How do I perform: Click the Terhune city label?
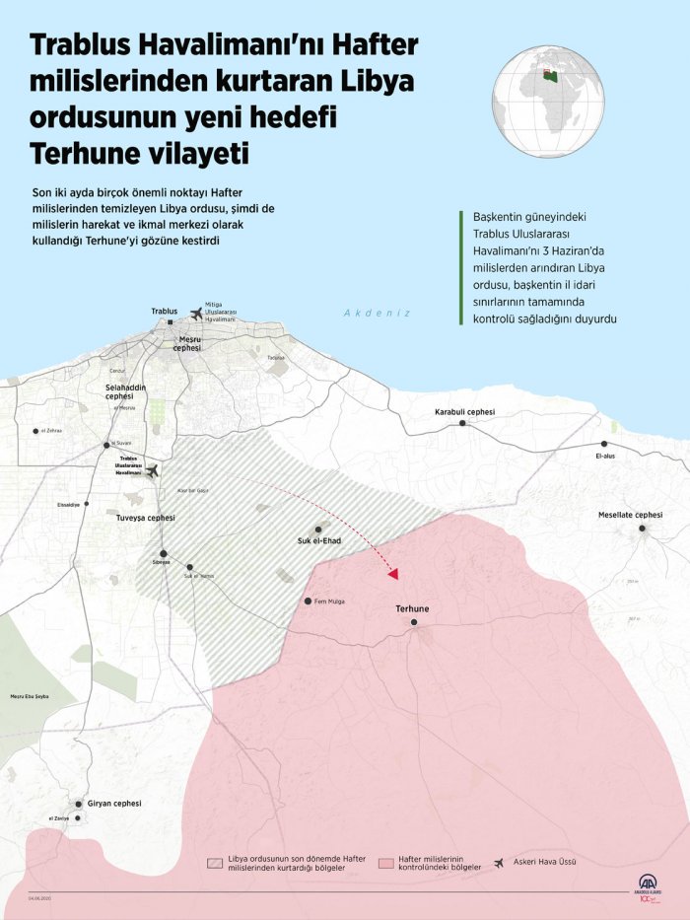[x=413, y=609]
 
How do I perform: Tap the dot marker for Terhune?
[x=414, y=622]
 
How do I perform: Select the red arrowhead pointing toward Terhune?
[x=393, y=573]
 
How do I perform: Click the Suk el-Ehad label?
[x=318, y=541]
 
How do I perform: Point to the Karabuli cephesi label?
[x=464, y=411]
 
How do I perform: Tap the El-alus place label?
[x=604, y=457]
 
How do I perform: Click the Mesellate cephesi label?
[x=630, y=515]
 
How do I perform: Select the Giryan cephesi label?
[x=114, y=804]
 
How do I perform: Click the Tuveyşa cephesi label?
[x=145, y=518]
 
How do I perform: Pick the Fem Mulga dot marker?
[x=309, y=601]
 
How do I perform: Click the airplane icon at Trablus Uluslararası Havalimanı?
[x=153, y=472]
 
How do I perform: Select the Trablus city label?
[x=164, y=311]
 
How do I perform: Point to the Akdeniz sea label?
[x=376, y=313]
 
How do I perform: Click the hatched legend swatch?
[x=214, y=862]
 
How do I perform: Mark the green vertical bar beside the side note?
[x=461, y=266]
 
